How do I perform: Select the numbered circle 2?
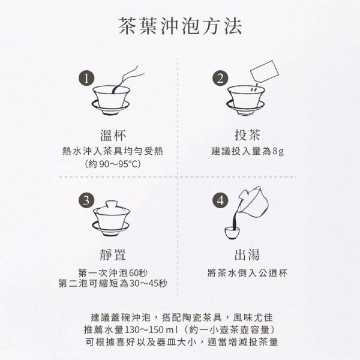[x=221, y=79]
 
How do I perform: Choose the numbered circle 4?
[x=221, y=200]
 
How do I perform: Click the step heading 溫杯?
[x=113, y=134]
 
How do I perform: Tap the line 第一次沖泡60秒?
[x=113, y=272]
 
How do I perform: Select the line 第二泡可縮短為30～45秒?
[x=113, y=283]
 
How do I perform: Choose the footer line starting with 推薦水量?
[x=180, y=330]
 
